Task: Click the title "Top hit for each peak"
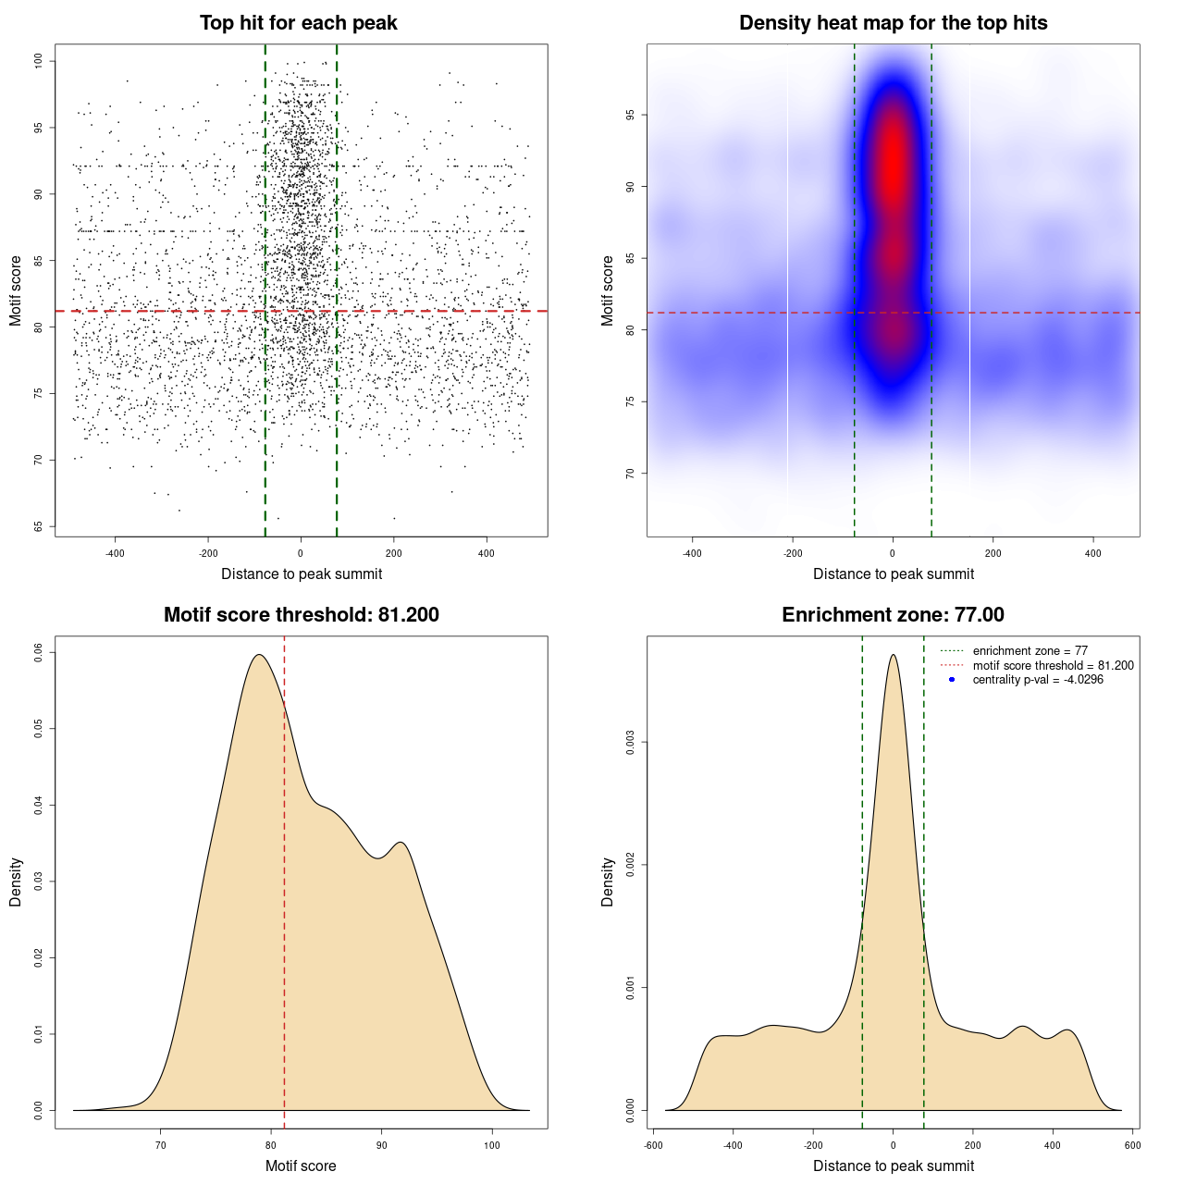[x=298, y=23]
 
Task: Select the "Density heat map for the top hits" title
[x=893, y=23]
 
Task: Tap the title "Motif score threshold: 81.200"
[x=301, y=615]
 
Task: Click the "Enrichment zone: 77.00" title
[x=893, y=615]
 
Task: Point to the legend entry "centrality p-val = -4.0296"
[x=1038, y=680]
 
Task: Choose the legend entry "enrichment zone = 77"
[x=1030, y=651]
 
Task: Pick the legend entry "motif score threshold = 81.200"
[x=1053, y=666]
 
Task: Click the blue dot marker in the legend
[x=952, y=680]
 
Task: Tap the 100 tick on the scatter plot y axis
[x=39, y=61]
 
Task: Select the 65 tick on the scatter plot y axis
[x=39, y=526]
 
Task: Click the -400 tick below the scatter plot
[x=115, y=553]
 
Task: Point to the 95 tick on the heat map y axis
[x=631, y=115]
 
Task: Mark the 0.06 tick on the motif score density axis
[x=39, y=652]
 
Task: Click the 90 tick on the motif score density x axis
[x=381, y=1145]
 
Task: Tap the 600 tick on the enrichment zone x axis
[x=1132, y=1145]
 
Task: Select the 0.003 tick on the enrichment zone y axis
[x=631, y=743]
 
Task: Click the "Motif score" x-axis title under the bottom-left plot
[x=301, y=1165]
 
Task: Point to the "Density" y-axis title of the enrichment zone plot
[x=608, y=882]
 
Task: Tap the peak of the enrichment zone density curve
[x=893, y=655]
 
